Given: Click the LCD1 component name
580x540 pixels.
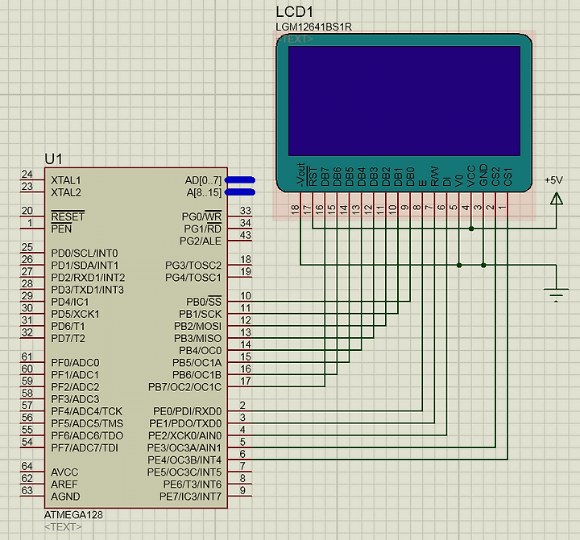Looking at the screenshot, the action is click(295, 12).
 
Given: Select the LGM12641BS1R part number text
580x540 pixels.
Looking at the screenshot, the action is click(313, 27).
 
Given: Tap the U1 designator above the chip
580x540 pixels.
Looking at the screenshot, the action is click(53, 159).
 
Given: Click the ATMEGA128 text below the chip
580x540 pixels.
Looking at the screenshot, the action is click(73, 515).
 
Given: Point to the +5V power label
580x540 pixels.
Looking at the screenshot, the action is click(553, 180).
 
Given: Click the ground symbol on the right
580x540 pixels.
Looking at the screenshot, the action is click(556, 295).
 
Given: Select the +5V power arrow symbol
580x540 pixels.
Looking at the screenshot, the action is click(557, 199).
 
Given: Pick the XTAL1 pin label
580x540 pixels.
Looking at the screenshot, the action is click(65, 180).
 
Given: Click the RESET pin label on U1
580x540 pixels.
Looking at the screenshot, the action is click(68, 216).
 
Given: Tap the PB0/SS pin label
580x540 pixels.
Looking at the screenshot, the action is click(204, 302).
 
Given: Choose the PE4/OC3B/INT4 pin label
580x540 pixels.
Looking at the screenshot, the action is click(184, 460).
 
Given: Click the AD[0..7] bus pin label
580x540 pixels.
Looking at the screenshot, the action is click(203, 180).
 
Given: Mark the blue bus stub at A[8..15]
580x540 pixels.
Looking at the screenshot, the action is click(240, 192).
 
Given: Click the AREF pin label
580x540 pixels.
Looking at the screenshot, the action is click(64, 484).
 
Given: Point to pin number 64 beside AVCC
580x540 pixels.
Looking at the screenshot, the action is click(27, 466).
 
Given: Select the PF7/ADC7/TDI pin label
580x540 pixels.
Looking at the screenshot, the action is click(85, 448).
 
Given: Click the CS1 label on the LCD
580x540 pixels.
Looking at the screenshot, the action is click(507, 177).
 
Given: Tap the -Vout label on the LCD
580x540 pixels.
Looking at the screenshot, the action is click(300, 175).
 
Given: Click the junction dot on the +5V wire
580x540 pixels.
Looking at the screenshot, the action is click(471, 229).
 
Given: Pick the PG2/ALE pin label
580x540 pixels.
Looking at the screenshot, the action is click(201, 241).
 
